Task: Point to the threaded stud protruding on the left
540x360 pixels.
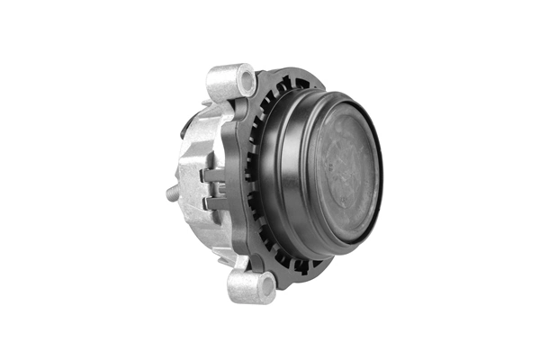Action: tap(172, 191)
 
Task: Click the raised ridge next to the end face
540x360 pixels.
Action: tap(306, 171)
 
